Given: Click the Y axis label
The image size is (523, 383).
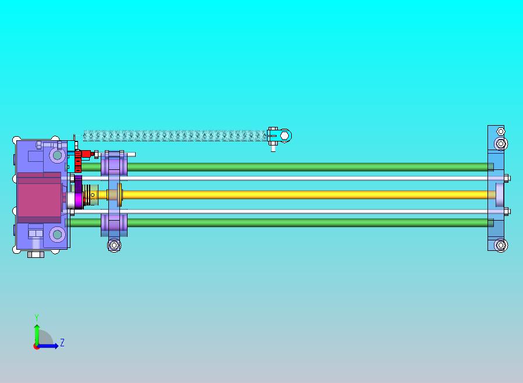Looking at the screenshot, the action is pyautogui.click(x=37, y=317).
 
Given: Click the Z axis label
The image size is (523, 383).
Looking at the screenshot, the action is pyautogui.click(x=62, y=342).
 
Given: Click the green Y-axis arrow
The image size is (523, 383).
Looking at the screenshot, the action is pyautogui.click(x=37, y=335).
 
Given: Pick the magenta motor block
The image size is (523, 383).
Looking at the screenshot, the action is pyautogui.click(x=39, y=198).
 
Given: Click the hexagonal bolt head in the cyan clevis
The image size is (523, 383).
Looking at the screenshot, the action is pyautogui.click(x=284, y=136).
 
